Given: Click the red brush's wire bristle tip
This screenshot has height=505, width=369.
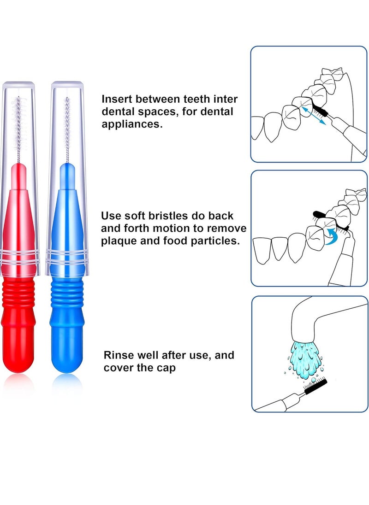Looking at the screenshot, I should point(19,99).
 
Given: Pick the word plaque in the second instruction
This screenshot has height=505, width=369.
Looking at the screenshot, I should point(118,241).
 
